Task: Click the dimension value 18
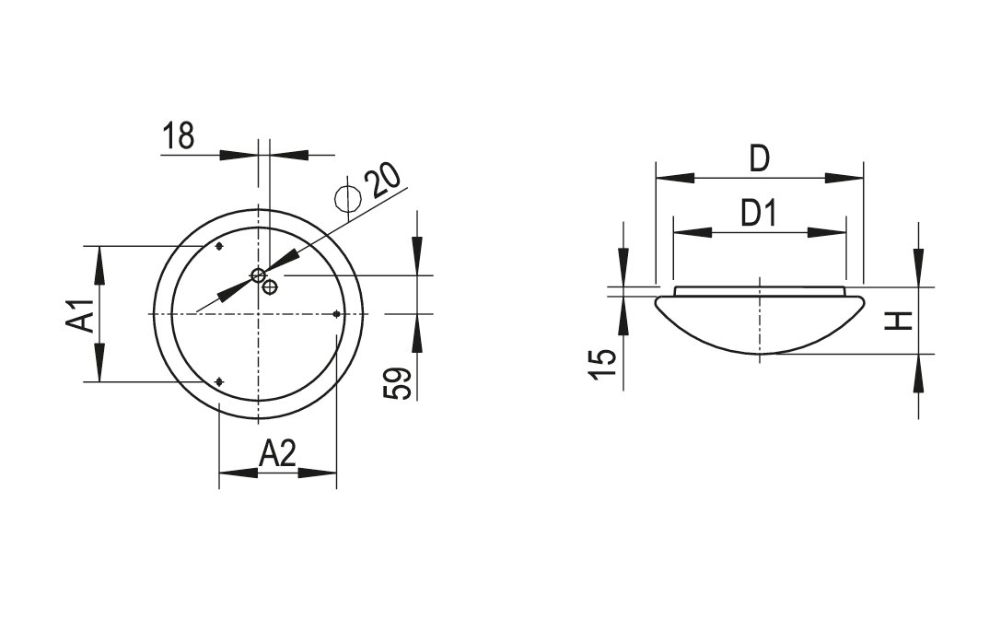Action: tap(180, 136)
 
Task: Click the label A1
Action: tap(82, 315)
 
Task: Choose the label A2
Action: tap(277, 454)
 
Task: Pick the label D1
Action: tap(759, 215)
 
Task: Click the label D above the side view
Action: tap(759, 159)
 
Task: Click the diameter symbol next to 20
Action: tap(347, 198)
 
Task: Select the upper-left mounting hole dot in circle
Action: tap(218, 247)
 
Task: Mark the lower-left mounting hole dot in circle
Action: tap(218, 381)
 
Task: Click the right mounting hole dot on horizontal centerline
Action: tap(336, 314)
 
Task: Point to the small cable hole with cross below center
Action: tap(270, 287)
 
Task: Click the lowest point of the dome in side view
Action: tap(759, 356)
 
